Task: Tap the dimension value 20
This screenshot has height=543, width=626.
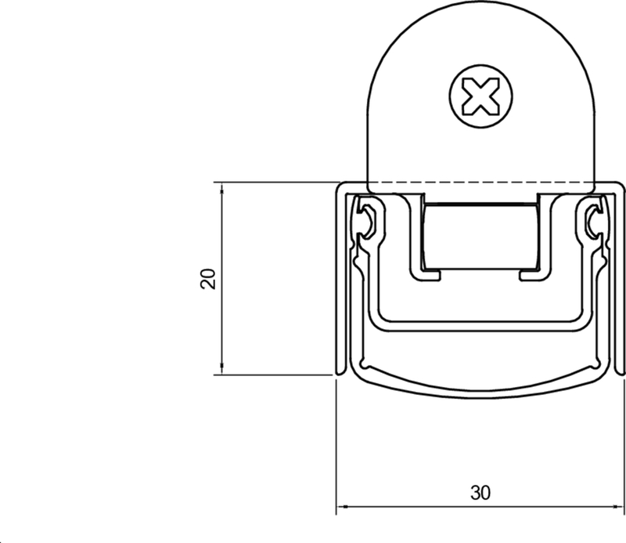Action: coord(207,279)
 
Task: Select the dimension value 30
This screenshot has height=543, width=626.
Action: coord(480,493)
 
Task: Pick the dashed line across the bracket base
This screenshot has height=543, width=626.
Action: coord(480,184)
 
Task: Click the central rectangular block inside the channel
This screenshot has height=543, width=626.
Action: coord(480,235)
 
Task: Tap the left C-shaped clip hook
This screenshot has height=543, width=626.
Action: coord(366,220)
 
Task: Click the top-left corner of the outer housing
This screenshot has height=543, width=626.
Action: coord(339,189)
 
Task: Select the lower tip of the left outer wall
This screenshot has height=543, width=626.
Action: coord(338,370)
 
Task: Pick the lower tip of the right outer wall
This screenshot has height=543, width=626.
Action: coord(622,370)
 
